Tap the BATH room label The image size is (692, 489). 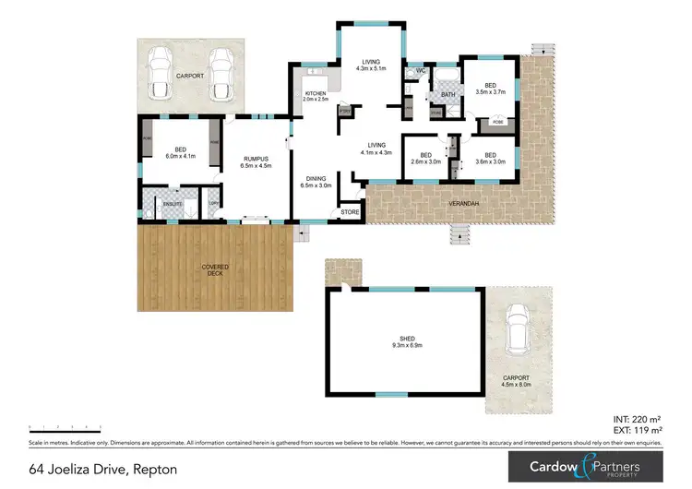point(448,94)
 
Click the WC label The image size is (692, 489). point(420,70)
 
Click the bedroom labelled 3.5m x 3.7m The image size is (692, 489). point(489,88)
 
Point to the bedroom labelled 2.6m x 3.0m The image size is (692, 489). point(425,158)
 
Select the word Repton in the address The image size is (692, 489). point(153,470)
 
